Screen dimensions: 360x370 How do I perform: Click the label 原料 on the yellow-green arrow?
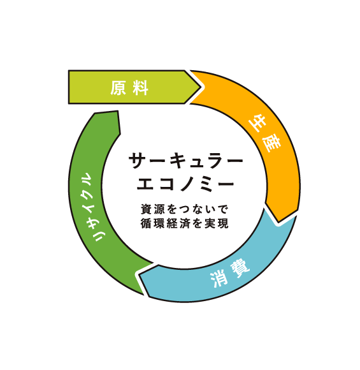tap(129, 88)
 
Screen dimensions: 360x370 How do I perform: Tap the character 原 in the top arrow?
tap(118, 88)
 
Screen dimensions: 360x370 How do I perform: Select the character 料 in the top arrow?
tap(141, 88)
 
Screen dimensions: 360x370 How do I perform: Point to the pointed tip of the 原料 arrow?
tap(201, 87)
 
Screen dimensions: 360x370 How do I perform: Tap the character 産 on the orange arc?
tap(271, 144)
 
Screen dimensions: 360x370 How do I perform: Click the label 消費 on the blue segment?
tap(230, 274)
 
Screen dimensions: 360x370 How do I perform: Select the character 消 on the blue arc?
tap(219, 279)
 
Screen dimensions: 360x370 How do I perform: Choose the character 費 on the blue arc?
tap(240, 269)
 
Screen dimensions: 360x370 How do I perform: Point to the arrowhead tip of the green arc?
tap(118, 110)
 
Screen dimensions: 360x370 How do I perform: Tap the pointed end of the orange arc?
tap(278, 222)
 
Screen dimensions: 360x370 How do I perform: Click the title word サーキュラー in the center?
tap(186, 161)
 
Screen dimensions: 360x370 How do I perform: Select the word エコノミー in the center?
tap(185, 184)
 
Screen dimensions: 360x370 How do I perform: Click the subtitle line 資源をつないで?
tap(185, 209)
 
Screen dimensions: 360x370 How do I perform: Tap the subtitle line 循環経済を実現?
tap(185, 223)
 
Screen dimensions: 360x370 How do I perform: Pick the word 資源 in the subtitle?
tap(152, 209)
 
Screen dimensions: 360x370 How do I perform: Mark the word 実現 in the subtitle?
tap(217, 223)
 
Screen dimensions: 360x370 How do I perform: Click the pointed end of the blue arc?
tap(139, 275)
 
